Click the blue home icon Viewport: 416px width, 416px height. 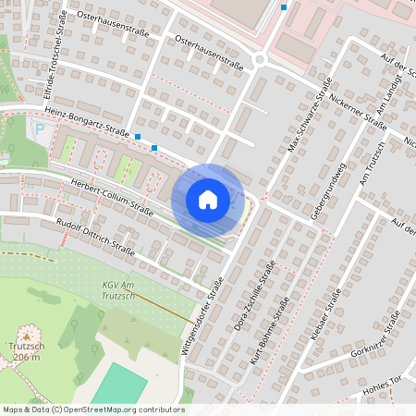208,199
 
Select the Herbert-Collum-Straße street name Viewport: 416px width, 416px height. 112,195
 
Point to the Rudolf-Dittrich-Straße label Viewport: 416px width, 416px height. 95,236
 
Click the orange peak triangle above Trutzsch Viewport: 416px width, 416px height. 27,334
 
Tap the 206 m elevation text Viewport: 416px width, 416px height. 27,358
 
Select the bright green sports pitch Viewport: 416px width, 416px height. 118,384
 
